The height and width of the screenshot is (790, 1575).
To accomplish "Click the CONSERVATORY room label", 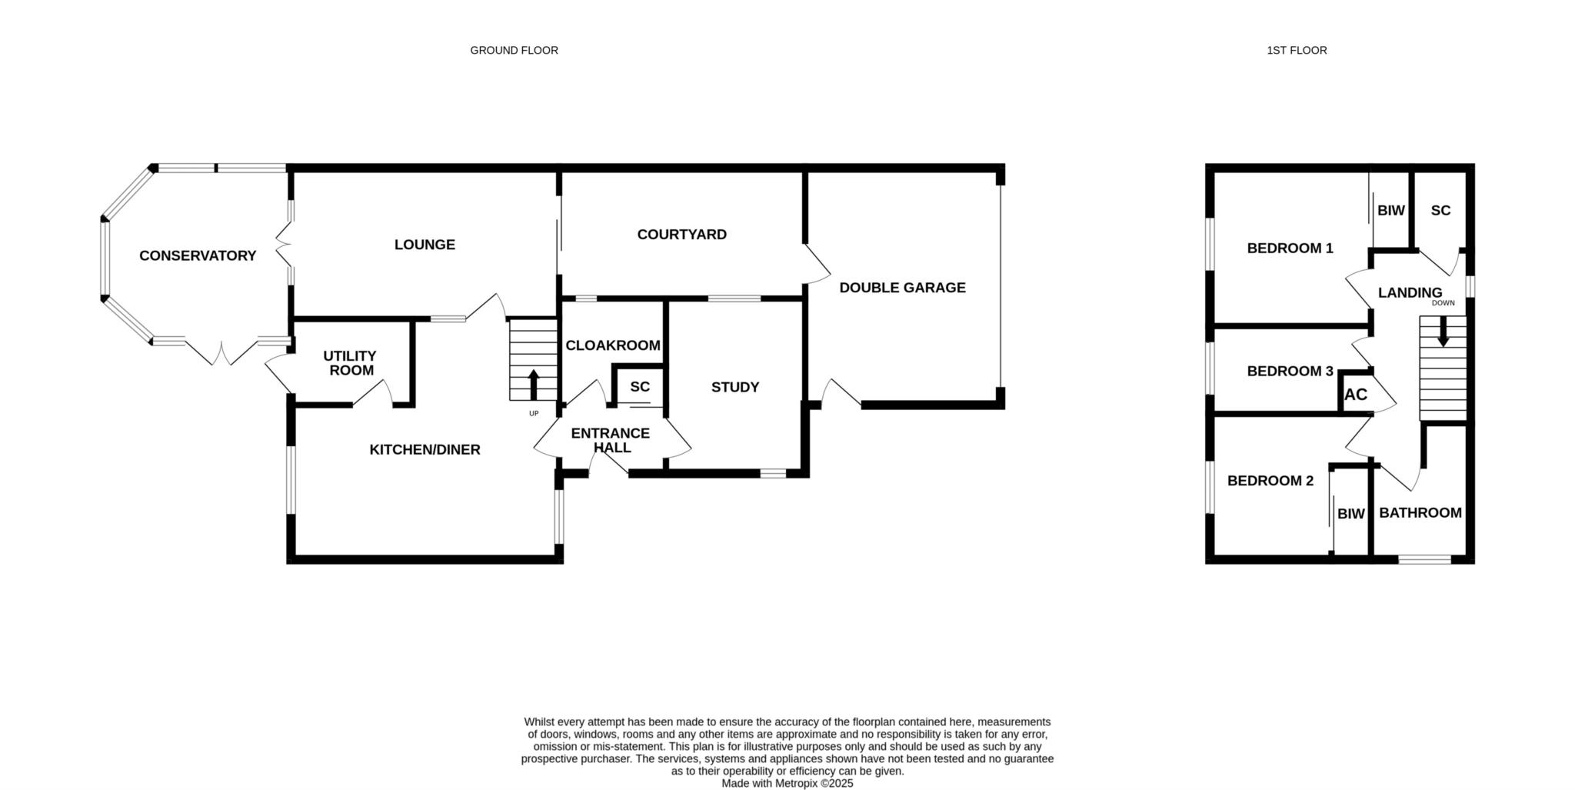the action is point(198,255).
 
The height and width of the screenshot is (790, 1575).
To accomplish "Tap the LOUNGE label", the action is point(425,245).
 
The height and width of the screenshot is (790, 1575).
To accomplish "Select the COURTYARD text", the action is point(681,235).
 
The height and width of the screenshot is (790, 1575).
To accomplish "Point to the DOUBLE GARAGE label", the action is point(902,288).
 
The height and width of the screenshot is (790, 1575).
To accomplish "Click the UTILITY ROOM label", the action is point(350,363).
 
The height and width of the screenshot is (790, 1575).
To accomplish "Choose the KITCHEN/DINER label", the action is point(425,449).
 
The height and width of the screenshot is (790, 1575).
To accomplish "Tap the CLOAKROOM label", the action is point(613,346).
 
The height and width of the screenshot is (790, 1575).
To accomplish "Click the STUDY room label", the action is point(735,387).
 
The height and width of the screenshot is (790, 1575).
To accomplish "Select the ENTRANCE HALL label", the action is point(611,440).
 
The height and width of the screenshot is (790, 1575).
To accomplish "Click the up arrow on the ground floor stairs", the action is point(533,385).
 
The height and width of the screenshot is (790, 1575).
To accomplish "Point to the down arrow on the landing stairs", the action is point(1443,332).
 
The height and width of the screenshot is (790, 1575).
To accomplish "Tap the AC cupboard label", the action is point(1356,395).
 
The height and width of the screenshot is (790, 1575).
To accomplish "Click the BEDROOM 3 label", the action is point(1290,372).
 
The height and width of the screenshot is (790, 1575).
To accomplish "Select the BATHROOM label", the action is point(1420,513).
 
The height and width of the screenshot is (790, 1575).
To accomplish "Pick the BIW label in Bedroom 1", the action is point(1390,210).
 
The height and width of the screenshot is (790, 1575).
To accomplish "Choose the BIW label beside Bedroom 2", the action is point(1350,514).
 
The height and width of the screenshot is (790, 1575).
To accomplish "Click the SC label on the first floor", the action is point(1440,210).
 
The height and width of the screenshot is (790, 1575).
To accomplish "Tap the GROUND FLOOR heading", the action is point(514,50).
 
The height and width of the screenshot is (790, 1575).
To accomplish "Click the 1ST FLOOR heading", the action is point(1297,50).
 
